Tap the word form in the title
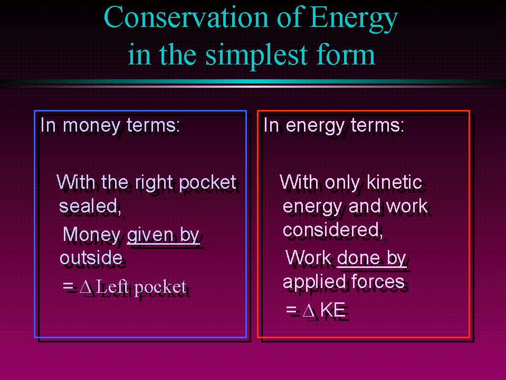pos(346,54)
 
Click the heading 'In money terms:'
pos(110,125)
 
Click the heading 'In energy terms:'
pos(333,125)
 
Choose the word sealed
pos(90,206)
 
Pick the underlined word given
pos(150,235)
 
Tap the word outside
pos(91,257)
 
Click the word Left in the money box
pos(112,286)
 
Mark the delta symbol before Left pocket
pos(87,287)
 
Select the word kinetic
pos(394,182)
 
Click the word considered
pos(332,230)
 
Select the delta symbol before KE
pos(309,311)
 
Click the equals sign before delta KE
pos(291,310)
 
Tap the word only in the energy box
pos(342,182)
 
